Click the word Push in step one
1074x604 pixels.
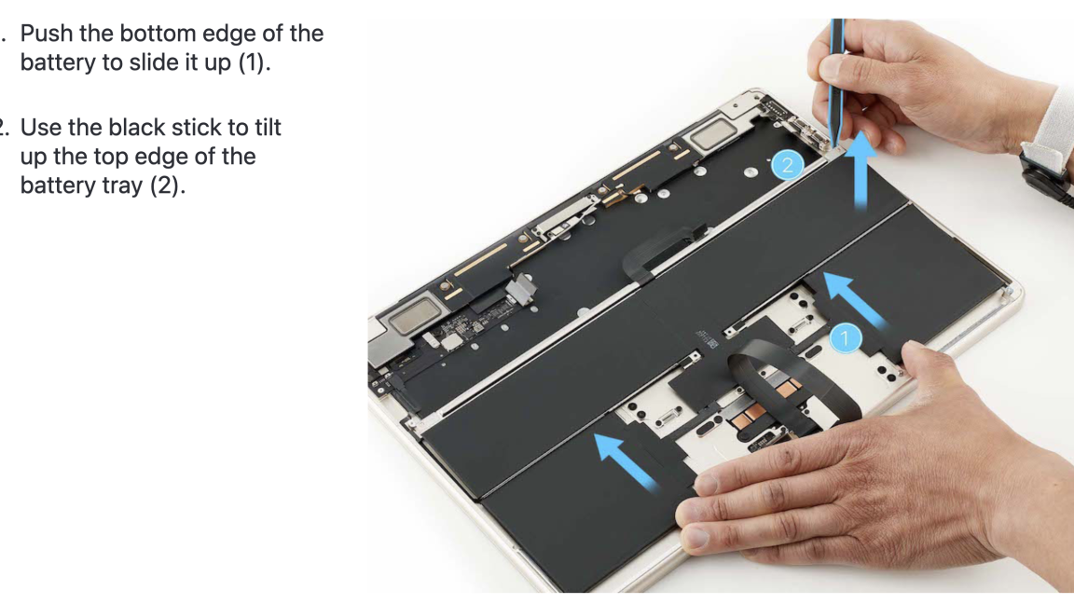(49, 35)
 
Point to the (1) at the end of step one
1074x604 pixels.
(265, 67)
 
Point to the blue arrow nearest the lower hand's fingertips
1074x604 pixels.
(627, 460)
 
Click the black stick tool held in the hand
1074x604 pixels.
(838, 75)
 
